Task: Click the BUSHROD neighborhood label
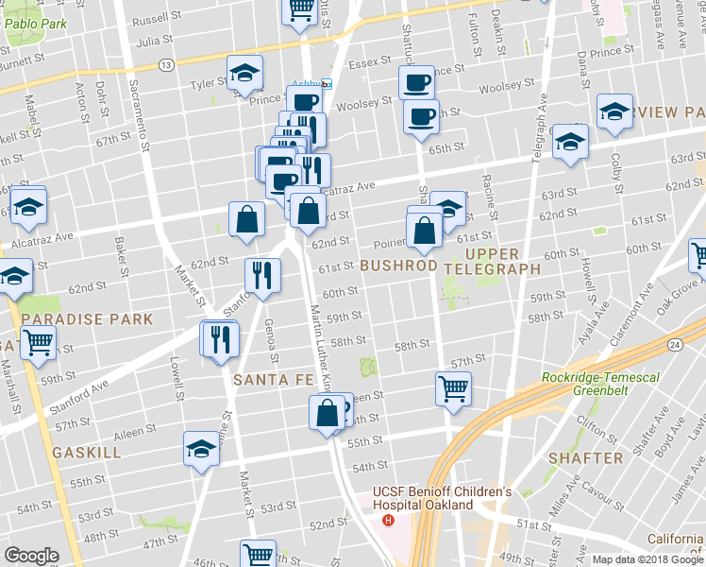pyautogui.click(x=397, y=266)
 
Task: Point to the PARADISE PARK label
pyautogui.click(x=88, y=319)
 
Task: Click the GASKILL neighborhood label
pyautogui.click(x=87, y=453)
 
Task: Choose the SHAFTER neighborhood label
pyautogui.click(x=584, y=457)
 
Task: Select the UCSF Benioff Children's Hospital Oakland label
pyautogui.click(x=442, y=498)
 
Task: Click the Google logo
pyautogui.click(x=31, y=556)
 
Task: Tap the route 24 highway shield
pyautogui.click(x=674, y=346)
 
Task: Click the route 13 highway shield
pyautogui.click(x=165, y=64)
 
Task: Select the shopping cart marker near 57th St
pyautogui.click(x=454, y=387)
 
